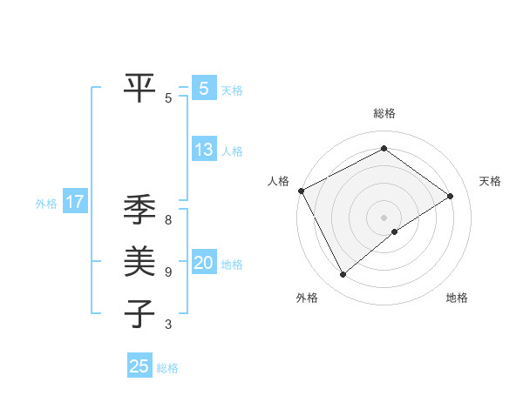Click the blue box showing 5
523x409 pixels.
pos(203,88)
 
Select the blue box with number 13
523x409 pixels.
pos(203,150)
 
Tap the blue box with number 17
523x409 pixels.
pos(75,203)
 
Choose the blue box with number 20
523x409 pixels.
pos(203,263)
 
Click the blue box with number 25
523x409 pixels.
pos(139,366)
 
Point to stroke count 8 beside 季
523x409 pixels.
pos(168,220)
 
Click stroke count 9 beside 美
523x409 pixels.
pos(168,272)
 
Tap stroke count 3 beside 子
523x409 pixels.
pos(168,325)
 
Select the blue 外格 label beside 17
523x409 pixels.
pos(46,204)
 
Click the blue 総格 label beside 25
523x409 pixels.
pos(167,368)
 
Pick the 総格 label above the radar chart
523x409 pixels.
pos(384,113)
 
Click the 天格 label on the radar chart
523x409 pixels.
pos(490,181)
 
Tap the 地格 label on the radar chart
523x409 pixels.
pos(457,298)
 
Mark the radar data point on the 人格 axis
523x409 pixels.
pos(301,191)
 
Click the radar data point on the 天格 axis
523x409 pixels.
pos(451,196)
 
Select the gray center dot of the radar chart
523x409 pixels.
pos(384,217)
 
